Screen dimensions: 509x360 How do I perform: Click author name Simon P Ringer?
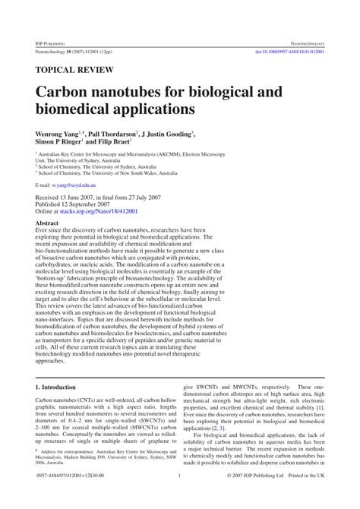(x=63, y=142)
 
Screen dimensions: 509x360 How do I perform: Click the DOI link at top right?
(x=290, y=52)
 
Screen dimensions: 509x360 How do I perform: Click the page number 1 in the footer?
(x=179, y=498)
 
